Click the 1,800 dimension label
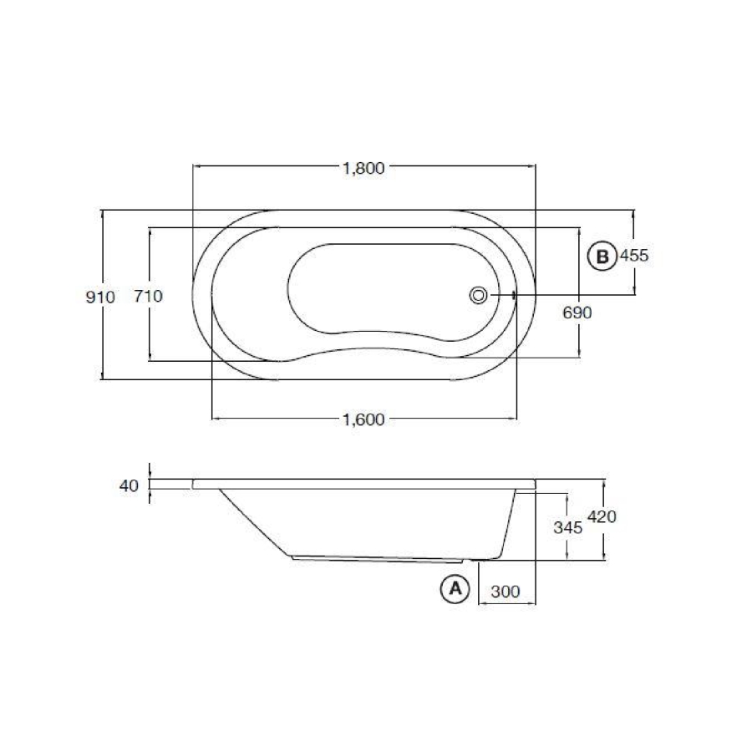[363, 167]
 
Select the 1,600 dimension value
[363, 419]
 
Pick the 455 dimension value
[634, 256]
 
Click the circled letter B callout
[601, 256]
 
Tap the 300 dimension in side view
[506, 592]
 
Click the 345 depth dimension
[567, 528]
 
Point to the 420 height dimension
[602, 517]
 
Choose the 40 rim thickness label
[128, 485]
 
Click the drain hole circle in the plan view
[479, 294]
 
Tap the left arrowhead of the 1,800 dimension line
[196, 167]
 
